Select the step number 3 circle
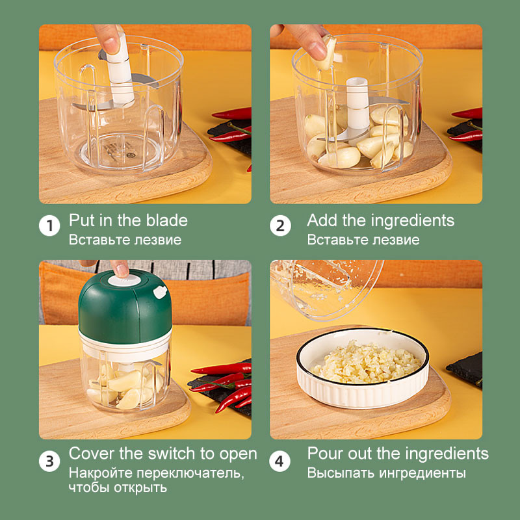point(49,462)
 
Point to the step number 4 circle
point(280,462)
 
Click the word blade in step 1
point(168,220)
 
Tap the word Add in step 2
point(322,220)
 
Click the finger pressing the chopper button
point(120,267)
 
